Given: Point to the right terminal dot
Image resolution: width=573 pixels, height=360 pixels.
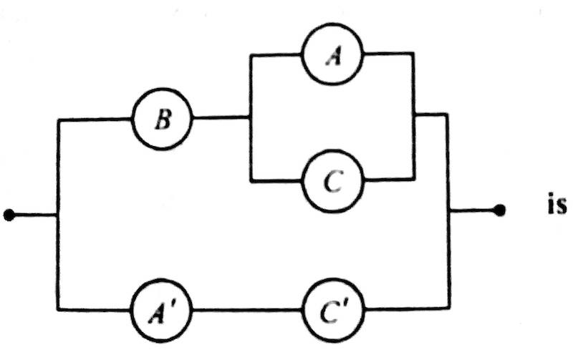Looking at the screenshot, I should pyautogui.click(x=501, y=210).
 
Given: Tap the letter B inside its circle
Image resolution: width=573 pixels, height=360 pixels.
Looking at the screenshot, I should pyautogui.click(x=163, y=120).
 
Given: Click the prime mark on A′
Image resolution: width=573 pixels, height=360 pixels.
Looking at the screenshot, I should pyautogui.click(x=174, y=303).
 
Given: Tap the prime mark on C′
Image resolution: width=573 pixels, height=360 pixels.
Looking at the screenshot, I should pyautogui.click(x=345, y=303).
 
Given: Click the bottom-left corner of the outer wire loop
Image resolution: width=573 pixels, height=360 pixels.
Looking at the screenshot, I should pyautogui.click(x=57, y=309).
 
